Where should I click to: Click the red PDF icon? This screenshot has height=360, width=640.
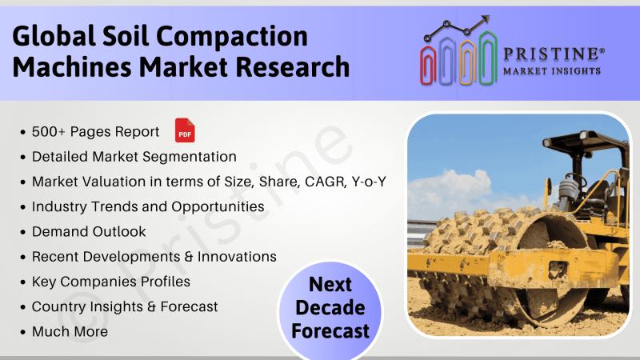pyautogui.click(x=185, y=130)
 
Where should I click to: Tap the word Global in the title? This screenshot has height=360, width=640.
pyautogui.click(x=54, y=36)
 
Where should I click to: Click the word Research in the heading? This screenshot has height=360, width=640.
pyautogui.click(x=293, y=67)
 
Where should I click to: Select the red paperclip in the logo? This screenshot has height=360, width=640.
pyautogui.click(x=428, y=65)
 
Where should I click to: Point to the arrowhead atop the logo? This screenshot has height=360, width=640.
pyautogui.click(x=485, y=19)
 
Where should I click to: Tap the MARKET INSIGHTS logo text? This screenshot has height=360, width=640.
pyautogui.click(x=552, y=71)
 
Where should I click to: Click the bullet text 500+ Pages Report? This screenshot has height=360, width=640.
pyautogui.click(x=95, y=132)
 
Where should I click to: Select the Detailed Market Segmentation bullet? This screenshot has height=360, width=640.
pyautogui.click(x=134, y=157)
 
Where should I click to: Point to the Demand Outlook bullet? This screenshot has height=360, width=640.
pyautogui.click(x=89, y=232)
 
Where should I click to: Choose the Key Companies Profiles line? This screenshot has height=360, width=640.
pyautogui.click(x=111, y=282)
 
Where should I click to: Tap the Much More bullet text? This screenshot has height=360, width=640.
pyautogui.click(x=70, y=331)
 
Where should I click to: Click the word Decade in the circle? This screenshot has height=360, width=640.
pyautogui.click(x=330, y=307)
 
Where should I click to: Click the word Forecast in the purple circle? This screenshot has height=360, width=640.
pyautogui.click(x=330, y=330)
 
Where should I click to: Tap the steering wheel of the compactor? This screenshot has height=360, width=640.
pyautogui.click(x=575, y=179)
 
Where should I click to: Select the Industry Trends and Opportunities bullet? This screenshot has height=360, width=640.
pyautogui.click(x=148, y=207)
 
